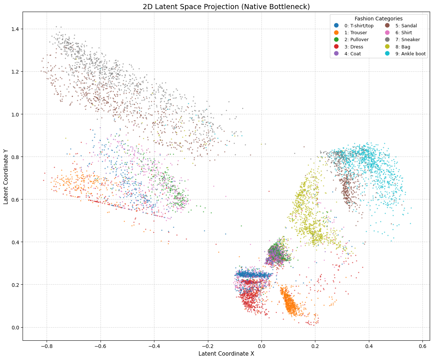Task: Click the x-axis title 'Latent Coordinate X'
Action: coord(226,353)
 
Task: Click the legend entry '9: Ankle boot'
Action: coord(410,54)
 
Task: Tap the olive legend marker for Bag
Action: coord(387,47)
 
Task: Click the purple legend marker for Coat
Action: coord(336,54)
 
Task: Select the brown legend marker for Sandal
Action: coord(387,25)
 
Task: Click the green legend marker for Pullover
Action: coord(336,40)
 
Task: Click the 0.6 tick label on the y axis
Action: coord(15,199)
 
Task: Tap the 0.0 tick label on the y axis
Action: coord(15,327)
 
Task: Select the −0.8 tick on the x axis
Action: coord(47,341)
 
